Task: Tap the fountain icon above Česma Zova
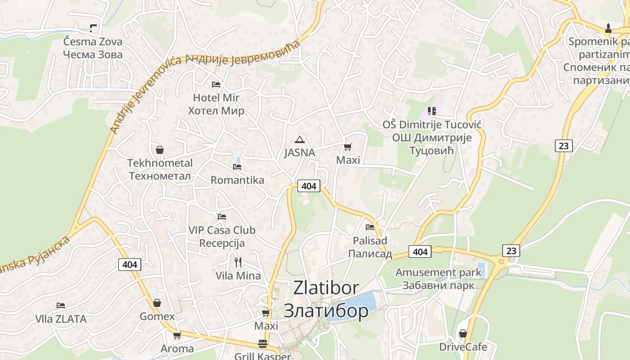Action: pos(93,28)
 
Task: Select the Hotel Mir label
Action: pos(216,98)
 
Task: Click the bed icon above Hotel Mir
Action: pos(216,84)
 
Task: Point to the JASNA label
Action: pos(299,153)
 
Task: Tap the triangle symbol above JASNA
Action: pos(300,139)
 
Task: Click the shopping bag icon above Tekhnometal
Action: pos(160,150)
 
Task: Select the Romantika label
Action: pos(237,180)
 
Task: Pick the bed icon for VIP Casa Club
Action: pos(221,216)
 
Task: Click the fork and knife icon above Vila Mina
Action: pos(238,262)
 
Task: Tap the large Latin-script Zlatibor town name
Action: pos(326,288)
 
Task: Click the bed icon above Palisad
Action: pos(370,227)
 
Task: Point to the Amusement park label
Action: pos(438,272)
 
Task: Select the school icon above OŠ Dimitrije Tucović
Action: pos(432,111)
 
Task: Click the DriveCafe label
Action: pos(463,347)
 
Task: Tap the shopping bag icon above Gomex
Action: pos(157,303)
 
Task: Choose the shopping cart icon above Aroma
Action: pos(177,335)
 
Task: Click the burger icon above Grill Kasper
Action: pos(263,344)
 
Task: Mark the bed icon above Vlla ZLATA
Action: pos(61,306)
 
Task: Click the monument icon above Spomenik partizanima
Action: pos(608,28)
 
